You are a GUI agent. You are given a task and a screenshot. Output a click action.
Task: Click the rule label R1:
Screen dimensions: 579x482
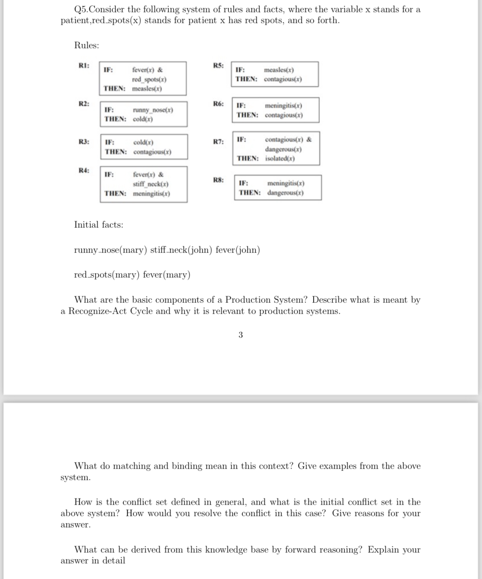point(84,65)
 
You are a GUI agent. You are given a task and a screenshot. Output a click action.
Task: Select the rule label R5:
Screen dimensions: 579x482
point(218,65)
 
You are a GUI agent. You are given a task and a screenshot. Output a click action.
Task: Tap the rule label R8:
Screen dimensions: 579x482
point(218,180)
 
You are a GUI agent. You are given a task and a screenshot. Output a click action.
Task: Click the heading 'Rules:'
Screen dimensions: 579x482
point(87,45)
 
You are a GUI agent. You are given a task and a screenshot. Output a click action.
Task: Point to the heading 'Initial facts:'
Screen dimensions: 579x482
point(98,225)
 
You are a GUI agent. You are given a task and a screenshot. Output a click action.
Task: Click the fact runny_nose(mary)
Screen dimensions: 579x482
point(111,250)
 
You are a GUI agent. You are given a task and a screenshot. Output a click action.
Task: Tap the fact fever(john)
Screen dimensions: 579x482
point(238,250)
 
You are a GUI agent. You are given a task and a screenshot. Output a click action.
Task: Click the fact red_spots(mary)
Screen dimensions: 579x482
point(107,275)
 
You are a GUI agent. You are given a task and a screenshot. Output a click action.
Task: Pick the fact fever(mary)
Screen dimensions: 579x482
point(166,275)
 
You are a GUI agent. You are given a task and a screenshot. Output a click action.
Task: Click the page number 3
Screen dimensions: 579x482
point(241,335)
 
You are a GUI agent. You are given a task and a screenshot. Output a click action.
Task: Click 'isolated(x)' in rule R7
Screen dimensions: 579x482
point(280,158)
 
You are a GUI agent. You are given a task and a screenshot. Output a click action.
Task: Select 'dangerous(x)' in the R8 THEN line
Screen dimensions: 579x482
point(285,193)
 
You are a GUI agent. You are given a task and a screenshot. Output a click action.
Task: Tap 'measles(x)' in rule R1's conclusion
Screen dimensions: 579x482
point(147,89)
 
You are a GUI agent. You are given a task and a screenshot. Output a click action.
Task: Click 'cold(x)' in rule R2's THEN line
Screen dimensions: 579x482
point(143,119)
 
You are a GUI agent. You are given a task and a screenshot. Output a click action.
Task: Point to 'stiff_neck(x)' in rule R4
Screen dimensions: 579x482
point(151,184)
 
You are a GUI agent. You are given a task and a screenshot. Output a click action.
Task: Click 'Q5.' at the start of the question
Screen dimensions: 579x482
point(81,9)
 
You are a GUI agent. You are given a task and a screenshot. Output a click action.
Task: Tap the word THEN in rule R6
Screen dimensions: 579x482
point(247,115)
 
